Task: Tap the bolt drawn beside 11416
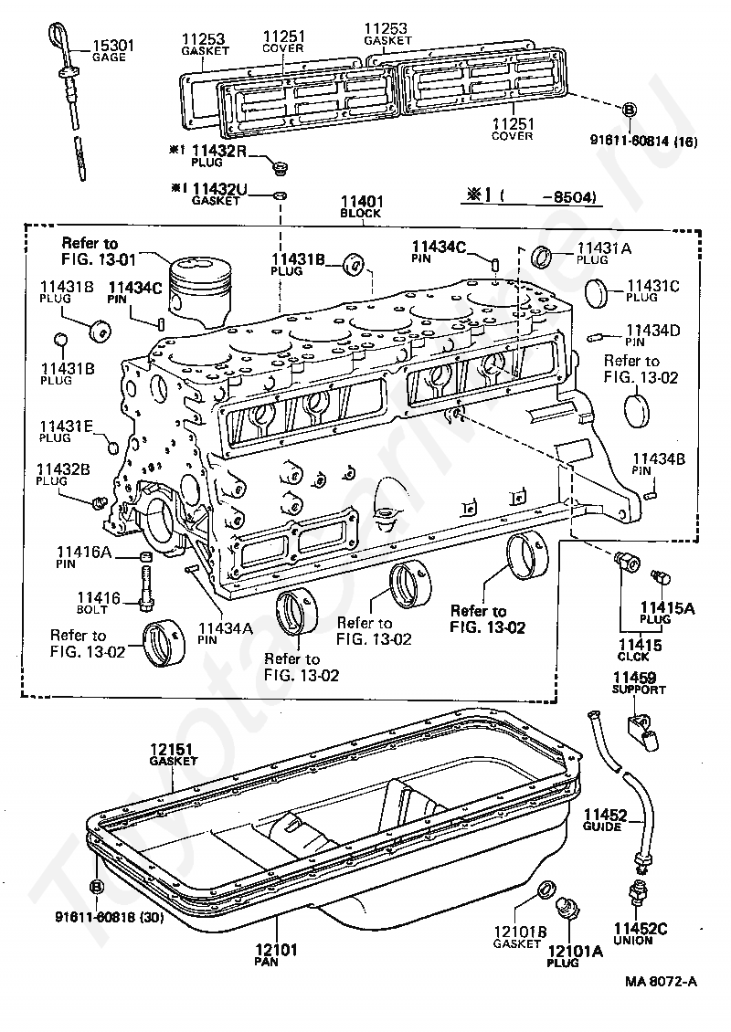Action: pos(146,584)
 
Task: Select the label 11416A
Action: pos(83,551)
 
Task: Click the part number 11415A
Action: pos(666,606)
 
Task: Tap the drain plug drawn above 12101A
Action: pos(569,910)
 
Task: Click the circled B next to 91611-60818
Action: pos(97,887)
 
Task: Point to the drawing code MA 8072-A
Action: pos(661,981)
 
